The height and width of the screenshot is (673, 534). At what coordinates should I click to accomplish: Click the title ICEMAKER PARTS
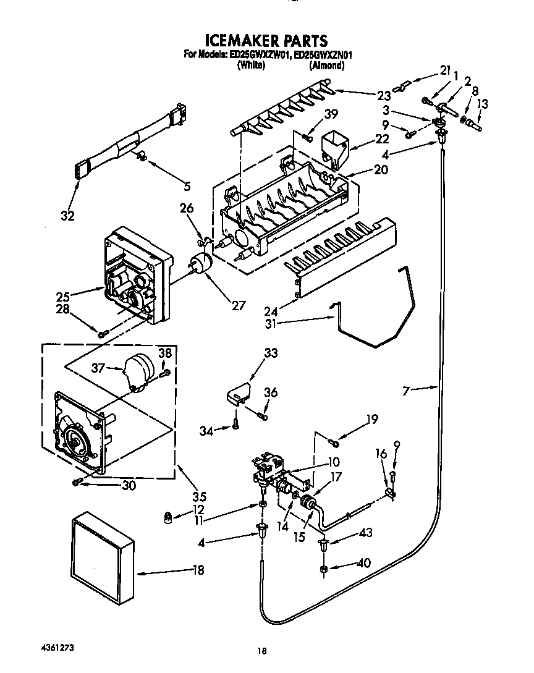tap(266, 41)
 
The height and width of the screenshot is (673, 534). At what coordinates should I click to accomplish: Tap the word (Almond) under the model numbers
tap(326, 65)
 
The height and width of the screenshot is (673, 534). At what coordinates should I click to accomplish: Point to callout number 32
tap(67, 216)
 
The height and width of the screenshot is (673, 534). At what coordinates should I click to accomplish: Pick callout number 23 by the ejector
tap(384, 96)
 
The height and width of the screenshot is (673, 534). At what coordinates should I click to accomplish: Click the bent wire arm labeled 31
tap(377, 321)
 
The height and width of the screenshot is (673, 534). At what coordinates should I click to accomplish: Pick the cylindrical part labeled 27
tap(199, 265)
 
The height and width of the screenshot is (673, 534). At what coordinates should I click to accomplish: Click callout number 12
tap(198, 510)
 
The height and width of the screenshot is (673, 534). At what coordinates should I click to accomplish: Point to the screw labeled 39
tap(307, 137)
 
